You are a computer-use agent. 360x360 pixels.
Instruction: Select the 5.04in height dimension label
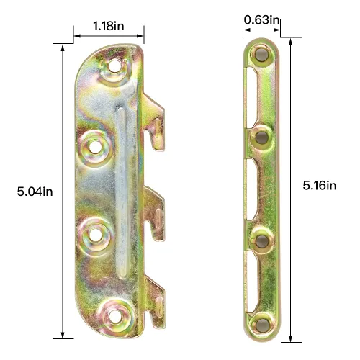tap(35, 191)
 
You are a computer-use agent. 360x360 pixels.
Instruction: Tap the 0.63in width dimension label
tap(261, 19)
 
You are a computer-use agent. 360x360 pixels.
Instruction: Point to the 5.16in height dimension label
tap(320, 185)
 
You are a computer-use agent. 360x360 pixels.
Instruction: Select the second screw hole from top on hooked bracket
tap(94, 147)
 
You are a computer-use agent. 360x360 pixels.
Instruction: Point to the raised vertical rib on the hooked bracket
tap(123, 191)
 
